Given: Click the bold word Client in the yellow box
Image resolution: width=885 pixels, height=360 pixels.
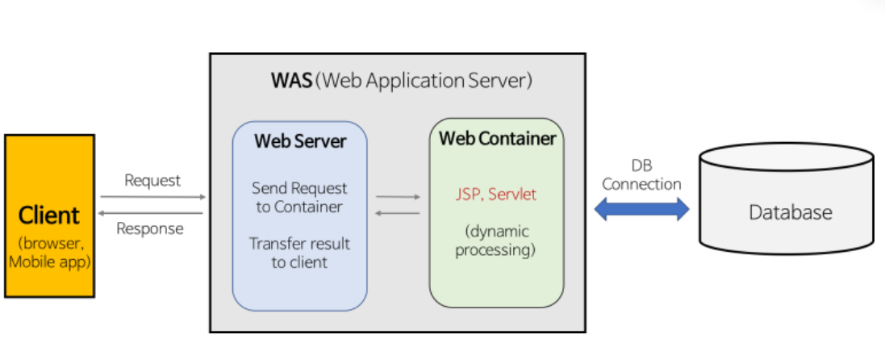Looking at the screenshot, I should click(x=49, y=216).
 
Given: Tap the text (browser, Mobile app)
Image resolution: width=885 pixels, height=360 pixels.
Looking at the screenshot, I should click(x=49, y=252).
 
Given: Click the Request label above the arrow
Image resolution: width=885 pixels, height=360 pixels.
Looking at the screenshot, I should click(x=152, y=180).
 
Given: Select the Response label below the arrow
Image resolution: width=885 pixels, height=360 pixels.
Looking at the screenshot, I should click(x=150, y=228).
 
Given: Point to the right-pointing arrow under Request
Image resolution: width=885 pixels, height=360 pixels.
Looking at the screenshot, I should click(x=152, y=196).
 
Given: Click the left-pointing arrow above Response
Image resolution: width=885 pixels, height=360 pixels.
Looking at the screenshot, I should click(x=152, y=212).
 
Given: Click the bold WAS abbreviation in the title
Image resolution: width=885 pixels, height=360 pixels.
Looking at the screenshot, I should click(x=291, y=81).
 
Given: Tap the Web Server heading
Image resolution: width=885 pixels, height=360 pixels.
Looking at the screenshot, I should click(x=300, y=141).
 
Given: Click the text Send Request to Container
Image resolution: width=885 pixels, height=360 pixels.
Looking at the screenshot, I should click(x=299, y=198).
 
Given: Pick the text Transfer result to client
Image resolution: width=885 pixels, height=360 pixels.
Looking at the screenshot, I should click(x=299, y=253).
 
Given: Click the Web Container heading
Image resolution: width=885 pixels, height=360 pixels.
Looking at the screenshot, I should click(x=497, y=138).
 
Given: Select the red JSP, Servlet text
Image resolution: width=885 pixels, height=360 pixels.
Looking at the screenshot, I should click(x=495, y=195).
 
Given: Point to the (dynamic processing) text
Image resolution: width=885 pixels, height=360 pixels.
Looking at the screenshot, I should click(x=495, y=241).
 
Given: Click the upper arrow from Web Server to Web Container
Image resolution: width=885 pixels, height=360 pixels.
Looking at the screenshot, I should click(x=399, y=196).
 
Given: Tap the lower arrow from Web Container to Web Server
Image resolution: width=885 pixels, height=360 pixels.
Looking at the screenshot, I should click(x=399, y=212).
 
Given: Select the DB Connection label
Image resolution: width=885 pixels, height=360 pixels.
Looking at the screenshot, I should click(x=641, y=175).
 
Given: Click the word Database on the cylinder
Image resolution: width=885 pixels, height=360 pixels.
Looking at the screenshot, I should click(x=790, y=212).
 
